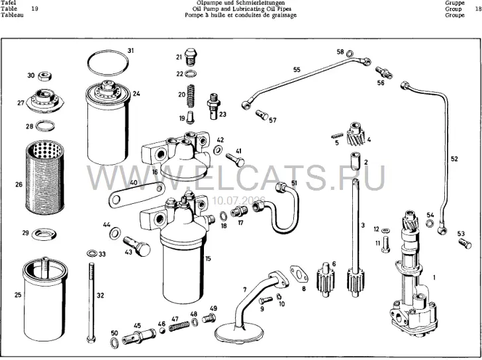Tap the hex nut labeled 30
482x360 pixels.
tap(45, 76)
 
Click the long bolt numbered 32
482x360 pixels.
tap(91, 302)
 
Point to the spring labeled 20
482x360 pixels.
tap(191, 95)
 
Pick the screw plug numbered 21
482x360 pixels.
tap(191, 56)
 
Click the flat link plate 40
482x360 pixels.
tap(136, 195)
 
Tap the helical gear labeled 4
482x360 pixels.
tap(356, 134)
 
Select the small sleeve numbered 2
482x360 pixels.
tap(356, 161)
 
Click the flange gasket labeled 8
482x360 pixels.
tap(299, 274)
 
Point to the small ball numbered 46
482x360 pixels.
tap(162, 330)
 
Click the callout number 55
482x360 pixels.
tap(297, 69)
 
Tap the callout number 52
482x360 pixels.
tap(454, 159)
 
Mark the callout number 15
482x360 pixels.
tap(208, 259)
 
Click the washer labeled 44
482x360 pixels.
tap(115, 233)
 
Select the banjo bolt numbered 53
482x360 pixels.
tap(465, 244)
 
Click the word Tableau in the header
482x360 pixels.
tap(12, 15)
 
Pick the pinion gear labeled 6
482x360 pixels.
tap(325, 280)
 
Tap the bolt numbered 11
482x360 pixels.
tap(385, 244)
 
